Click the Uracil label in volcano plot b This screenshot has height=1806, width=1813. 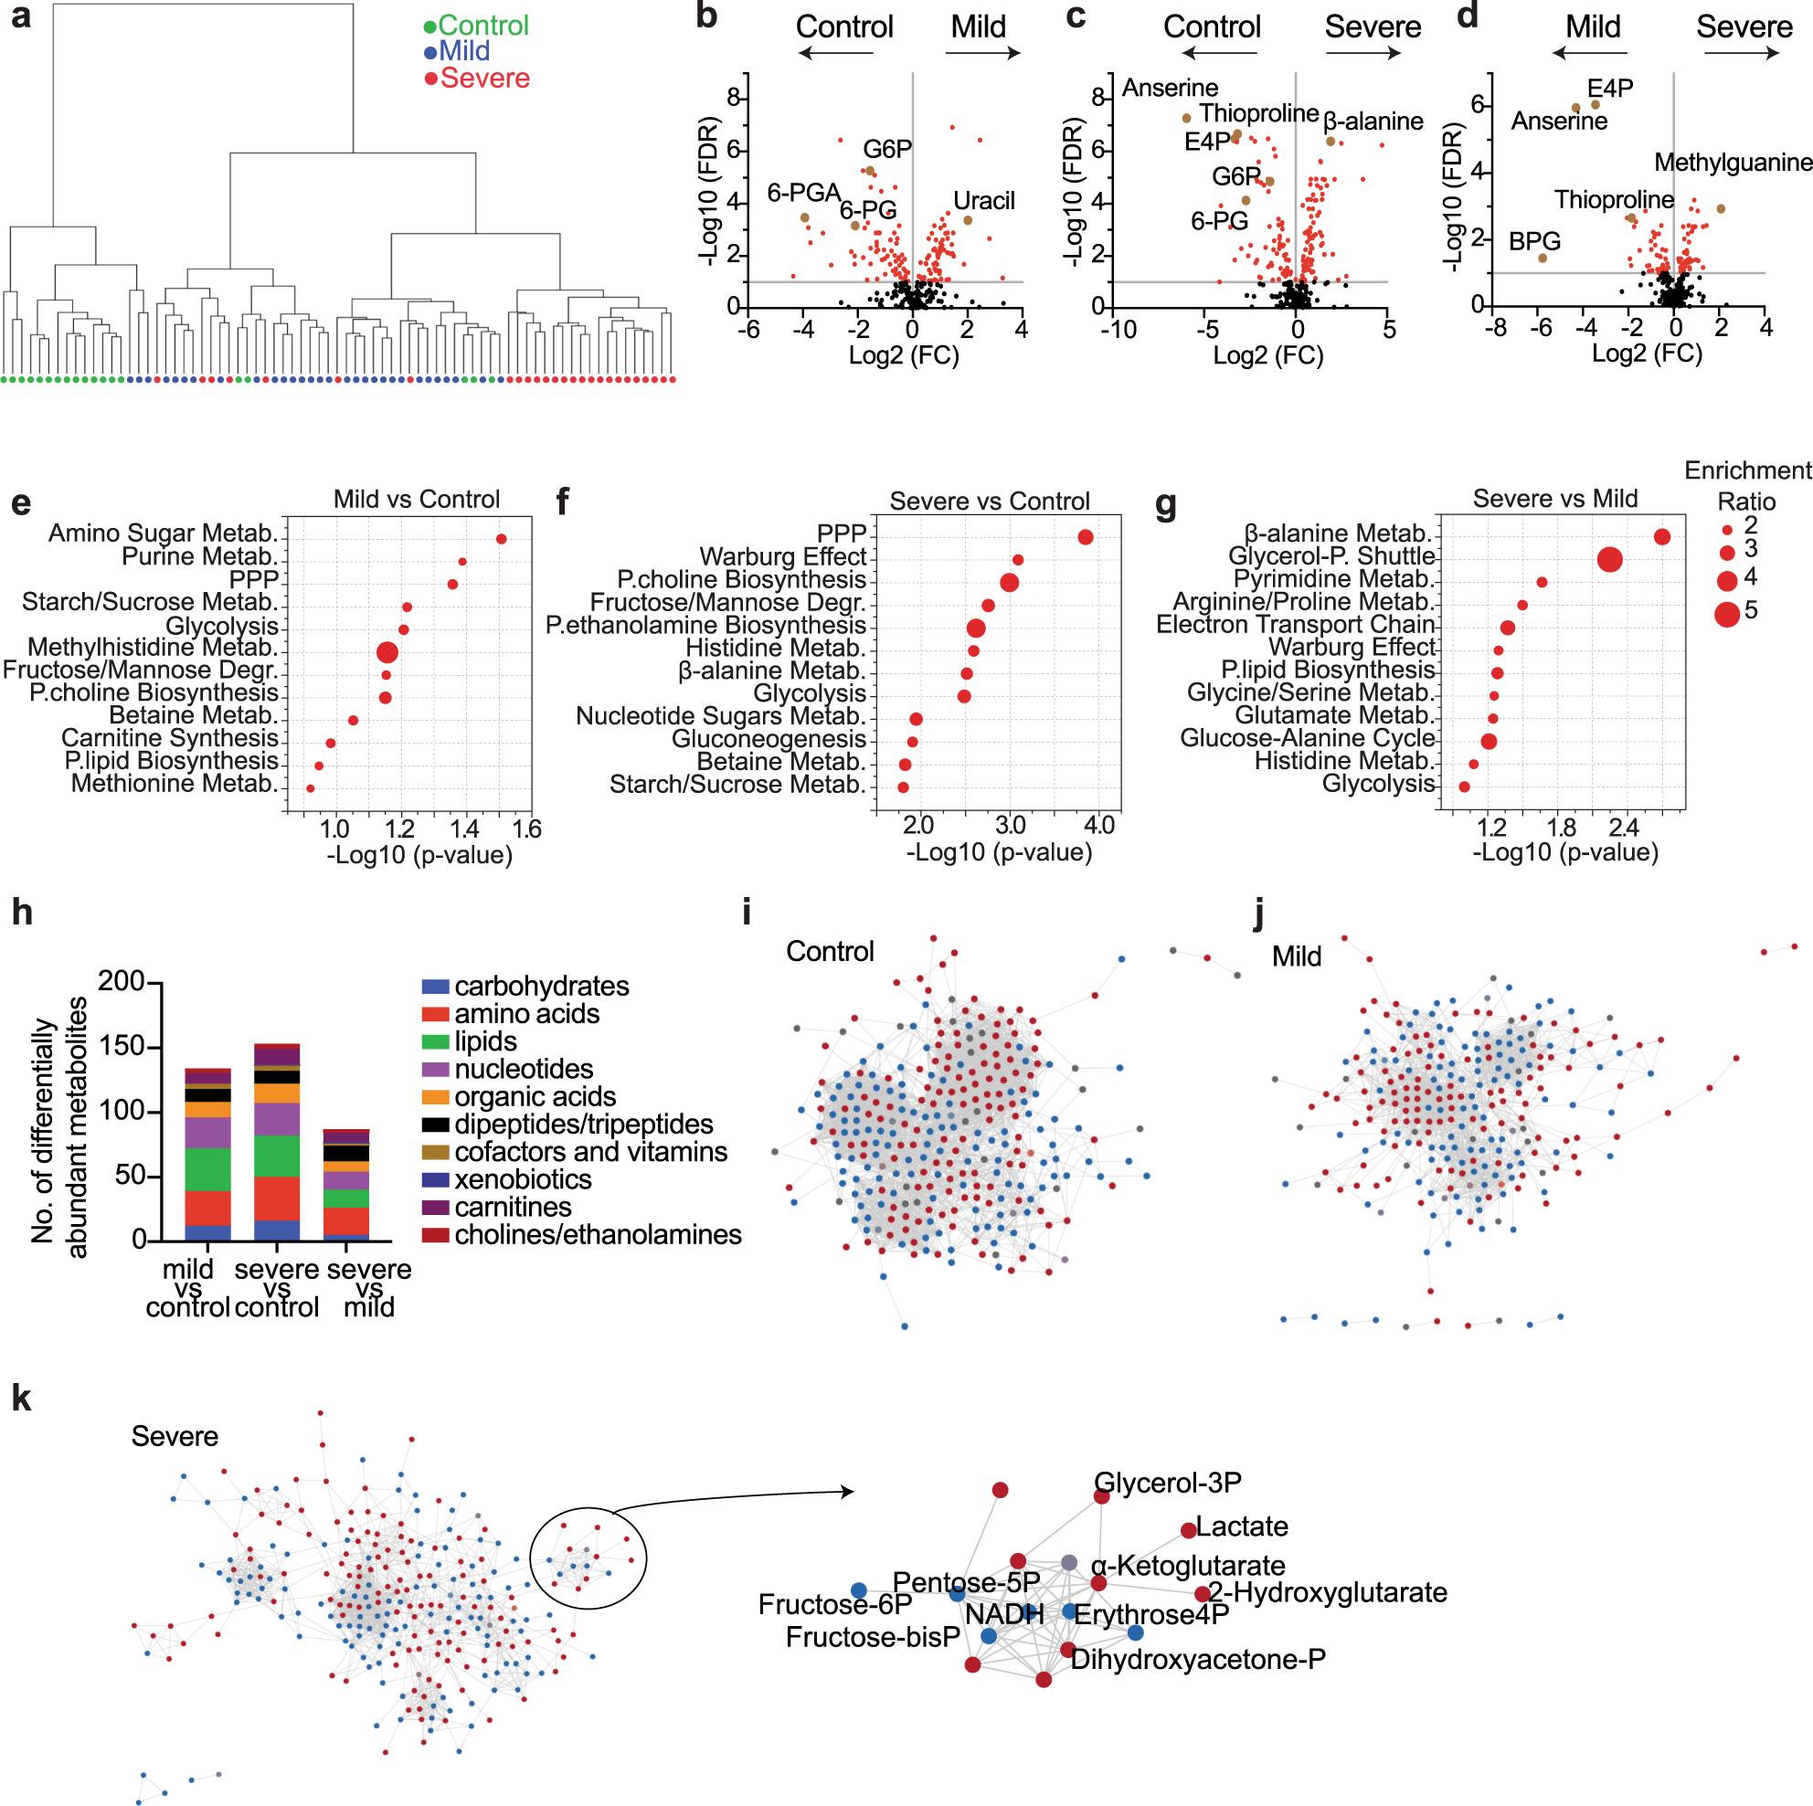[x=983, y=201]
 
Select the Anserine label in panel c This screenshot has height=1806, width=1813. [x=1170, y=89]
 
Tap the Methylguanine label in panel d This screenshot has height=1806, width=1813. [x=1733, y=164]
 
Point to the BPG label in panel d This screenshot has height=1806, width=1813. [x=1533, y=242]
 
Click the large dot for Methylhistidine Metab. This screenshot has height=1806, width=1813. [x=387, y=652]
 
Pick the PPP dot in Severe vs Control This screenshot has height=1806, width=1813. [x=1085, y=536]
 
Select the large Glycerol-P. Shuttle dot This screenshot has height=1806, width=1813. [x=1608, y=559]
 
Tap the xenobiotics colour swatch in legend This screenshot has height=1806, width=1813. [x=435, y=1179]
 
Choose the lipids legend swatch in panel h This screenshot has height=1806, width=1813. [x=435, y=1041]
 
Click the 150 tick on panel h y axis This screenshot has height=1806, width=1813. [x=121, y=1046]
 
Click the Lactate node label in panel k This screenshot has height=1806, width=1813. [x=1241, y=1526]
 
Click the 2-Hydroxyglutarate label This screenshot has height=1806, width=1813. [x=1327, y=1592]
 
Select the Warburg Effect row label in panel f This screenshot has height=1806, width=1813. [x=782, y=557]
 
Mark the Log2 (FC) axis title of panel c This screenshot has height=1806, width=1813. [x=1267, y=355]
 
